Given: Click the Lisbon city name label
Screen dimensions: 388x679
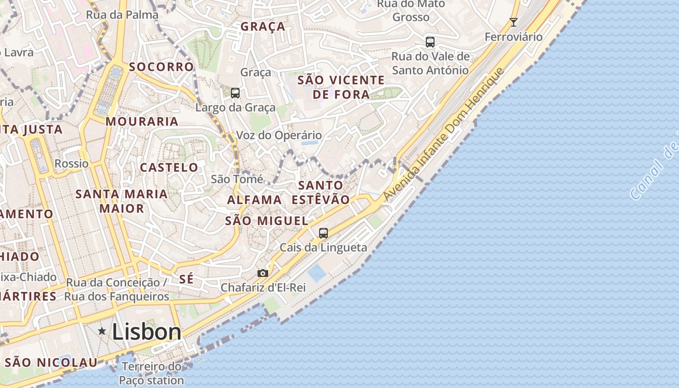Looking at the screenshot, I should tap(146, 332).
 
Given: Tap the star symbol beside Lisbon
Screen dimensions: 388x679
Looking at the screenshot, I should tap(102, 331).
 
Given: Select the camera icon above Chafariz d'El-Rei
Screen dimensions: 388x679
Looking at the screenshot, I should tap(263, 274).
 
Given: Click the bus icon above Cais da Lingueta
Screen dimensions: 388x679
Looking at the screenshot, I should tap(323, 233).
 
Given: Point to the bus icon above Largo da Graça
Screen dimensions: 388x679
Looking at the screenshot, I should tap(235, 93).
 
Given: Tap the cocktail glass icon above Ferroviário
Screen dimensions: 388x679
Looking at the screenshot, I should tap(514, 22).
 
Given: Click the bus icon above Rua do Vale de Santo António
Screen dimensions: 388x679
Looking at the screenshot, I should tap(430, 42).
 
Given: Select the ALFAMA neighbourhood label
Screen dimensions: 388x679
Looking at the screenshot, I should tap(254, 200).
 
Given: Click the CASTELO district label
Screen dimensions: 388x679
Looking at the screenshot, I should tap(169, 168).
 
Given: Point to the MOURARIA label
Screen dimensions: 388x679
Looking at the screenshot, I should tap(142, 121).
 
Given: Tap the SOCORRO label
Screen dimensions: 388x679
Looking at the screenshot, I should tap(162, 67).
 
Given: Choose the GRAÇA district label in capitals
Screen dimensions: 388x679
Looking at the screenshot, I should tap(263, 27).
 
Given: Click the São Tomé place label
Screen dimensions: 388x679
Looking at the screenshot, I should tap(237, 179).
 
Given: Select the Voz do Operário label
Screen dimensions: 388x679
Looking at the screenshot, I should tap(279, 135).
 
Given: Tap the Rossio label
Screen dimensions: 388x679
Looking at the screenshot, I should tap(71, 163).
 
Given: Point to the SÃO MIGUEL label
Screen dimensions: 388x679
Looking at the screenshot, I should tap(267, 221).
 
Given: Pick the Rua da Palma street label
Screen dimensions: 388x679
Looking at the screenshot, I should tap(122, 15).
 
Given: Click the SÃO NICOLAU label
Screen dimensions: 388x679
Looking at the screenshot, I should tap(51, 362).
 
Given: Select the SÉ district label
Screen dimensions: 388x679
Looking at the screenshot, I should tap(186, 279).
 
